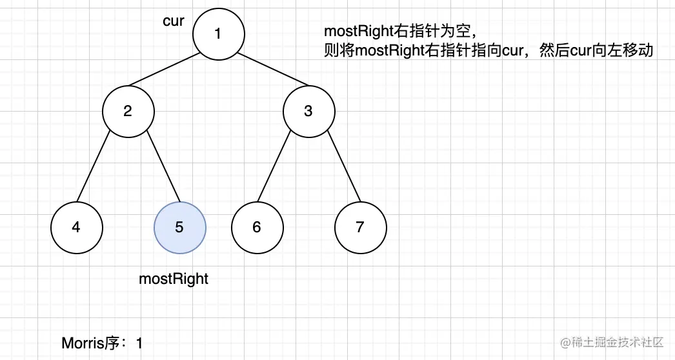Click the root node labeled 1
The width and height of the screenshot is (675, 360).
tap(218, 34)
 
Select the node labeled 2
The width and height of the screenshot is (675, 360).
tap(128, 111)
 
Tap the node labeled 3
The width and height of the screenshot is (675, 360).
tap(308, 111)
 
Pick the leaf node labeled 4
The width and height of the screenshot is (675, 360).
tap(76, 227)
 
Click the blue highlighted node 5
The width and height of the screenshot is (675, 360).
tap(179, 227)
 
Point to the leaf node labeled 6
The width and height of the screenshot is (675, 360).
tap(257, 227)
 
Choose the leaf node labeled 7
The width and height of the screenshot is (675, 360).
tap(360, 227)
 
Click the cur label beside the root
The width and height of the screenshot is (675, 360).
tap(174, 21)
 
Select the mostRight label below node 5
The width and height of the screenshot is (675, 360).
tap(174, 279)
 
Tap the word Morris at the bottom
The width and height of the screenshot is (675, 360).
tap(83, 343)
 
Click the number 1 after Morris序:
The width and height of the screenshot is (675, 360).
tap(139, 343)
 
